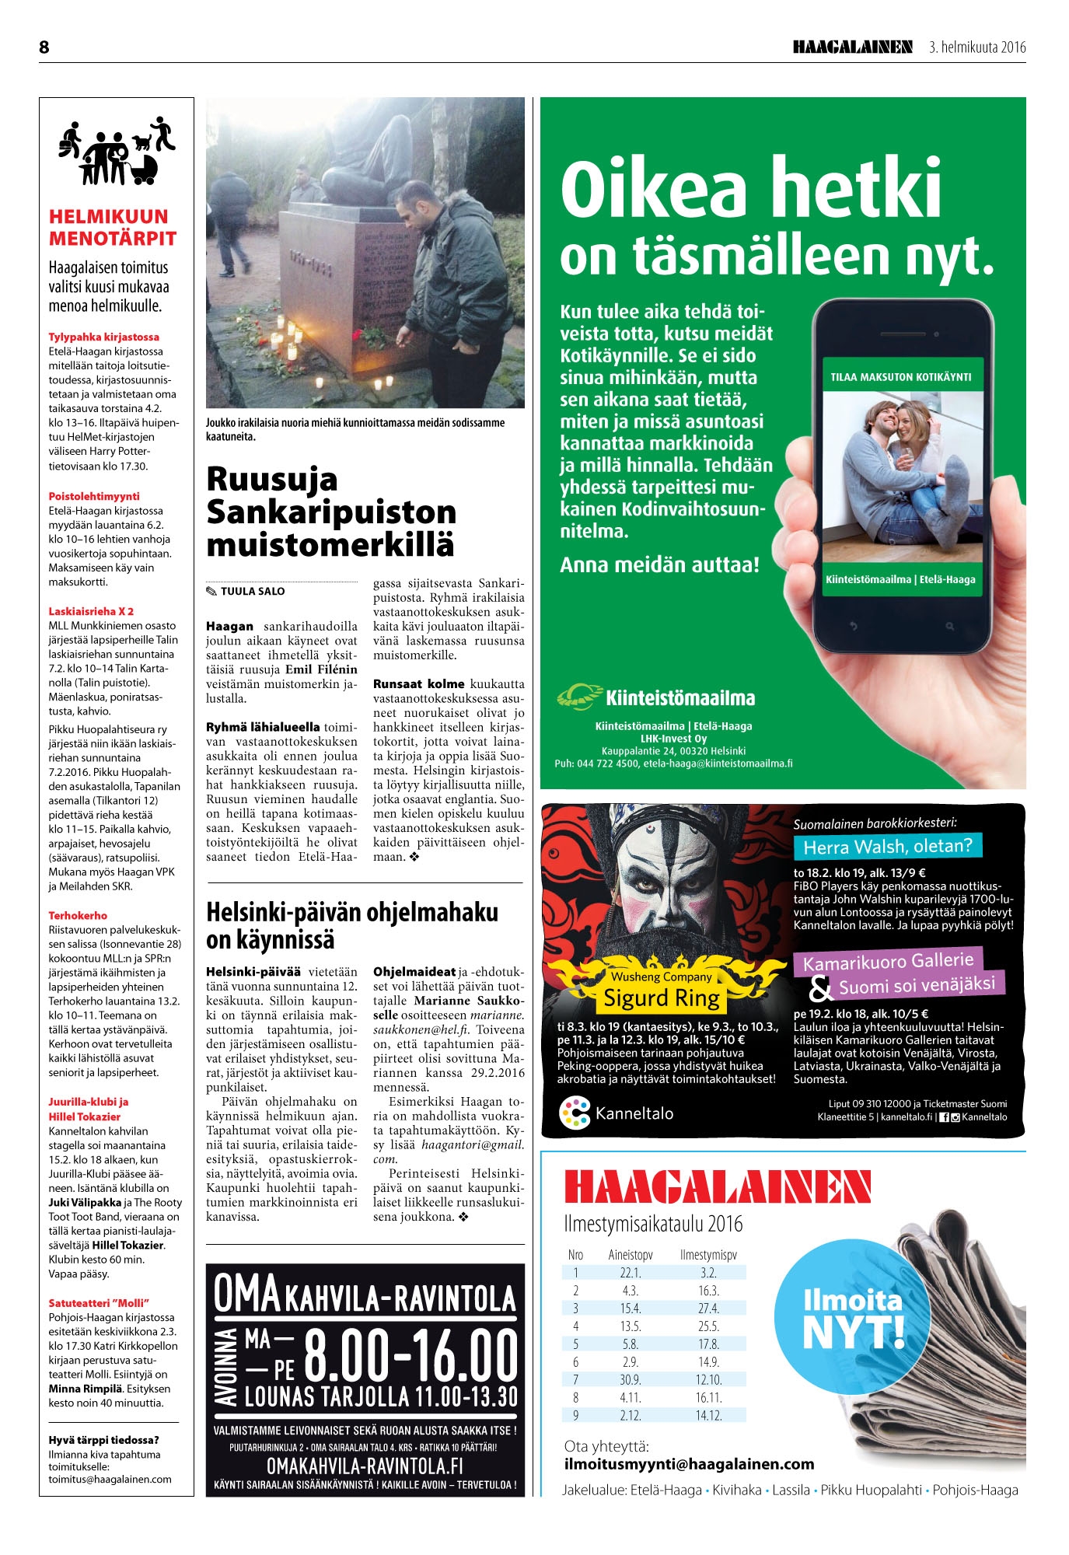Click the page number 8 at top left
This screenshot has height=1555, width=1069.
(44, 47)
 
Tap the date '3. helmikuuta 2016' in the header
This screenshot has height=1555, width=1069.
(977, 47)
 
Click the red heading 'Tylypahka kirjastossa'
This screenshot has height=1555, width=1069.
(103, 337)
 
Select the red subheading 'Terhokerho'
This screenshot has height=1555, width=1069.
(78, 915)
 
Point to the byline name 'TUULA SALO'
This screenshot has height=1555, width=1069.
(252, 591)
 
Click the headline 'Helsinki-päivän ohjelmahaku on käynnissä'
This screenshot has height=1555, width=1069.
(351, 925)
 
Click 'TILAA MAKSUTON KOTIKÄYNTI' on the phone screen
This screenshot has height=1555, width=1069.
(901, 377)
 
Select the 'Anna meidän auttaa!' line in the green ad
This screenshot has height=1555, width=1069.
(659, 564)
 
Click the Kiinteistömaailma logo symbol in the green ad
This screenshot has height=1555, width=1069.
(579, 697)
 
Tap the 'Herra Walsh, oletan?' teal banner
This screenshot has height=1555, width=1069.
(887, 846)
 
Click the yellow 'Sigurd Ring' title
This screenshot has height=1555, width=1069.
(662, 998)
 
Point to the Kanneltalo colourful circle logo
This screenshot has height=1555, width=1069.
(575, 1113)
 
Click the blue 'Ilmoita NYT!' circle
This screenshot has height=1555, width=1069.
(852, 1317)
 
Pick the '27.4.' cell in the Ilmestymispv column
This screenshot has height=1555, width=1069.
(707, 1309)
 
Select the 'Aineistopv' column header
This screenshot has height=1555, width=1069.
(630, 1255)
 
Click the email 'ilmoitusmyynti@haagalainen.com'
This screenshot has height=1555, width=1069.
(689, 1464)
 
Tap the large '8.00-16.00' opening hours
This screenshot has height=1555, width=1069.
(410, 1354)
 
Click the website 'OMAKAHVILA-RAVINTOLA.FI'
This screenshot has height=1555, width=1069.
(365, 1466)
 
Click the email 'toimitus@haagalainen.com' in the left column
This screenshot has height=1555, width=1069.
(110, 1479)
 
